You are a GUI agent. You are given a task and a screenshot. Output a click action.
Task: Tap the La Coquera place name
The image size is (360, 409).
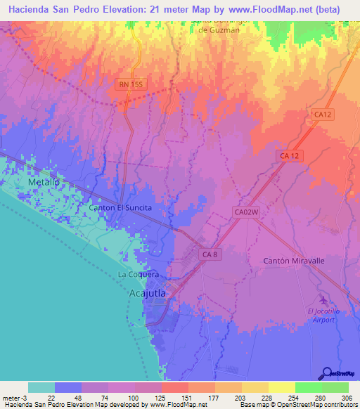click(x=139, y=274)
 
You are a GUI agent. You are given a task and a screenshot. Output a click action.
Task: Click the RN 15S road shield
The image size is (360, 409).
click(x=130, y=84)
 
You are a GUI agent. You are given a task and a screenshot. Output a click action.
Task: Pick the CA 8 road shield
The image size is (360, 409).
click(x=210, y=256)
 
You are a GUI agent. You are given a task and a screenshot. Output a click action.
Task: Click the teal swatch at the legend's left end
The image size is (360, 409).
click(x=41, y=387)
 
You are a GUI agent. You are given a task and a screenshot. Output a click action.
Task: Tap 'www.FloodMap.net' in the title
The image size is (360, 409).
click(x=271, y=10)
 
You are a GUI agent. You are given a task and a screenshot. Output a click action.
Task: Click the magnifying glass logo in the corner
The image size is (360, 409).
click(x=327, y=372)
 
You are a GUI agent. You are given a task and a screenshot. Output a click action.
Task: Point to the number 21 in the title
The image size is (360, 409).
click(x=149, y=10)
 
